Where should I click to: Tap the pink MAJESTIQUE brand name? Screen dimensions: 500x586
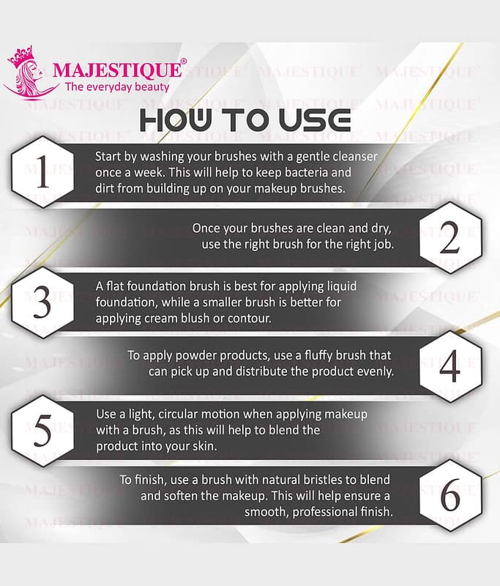click(x=118, y=70)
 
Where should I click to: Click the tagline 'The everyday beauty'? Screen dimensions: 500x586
click(x=117, y=87)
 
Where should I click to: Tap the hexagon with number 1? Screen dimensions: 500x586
click(x=42, y=172)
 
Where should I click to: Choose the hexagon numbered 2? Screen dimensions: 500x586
click(x=450, y=237)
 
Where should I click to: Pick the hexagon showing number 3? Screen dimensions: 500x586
click(x=42, y=303)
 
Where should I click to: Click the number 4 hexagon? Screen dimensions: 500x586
click(x=450, y=367)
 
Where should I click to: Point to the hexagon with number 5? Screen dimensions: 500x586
click(x=42, y=431)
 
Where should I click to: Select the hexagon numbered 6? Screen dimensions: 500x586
click(x=450, y=496)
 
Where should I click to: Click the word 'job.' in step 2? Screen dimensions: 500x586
click(x=384, y=245)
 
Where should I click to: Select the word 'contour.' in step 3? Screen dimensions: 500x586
click(x=250, y=318)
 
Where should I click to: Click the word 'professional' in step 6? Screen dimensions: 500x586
click(x=321, y=511)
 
